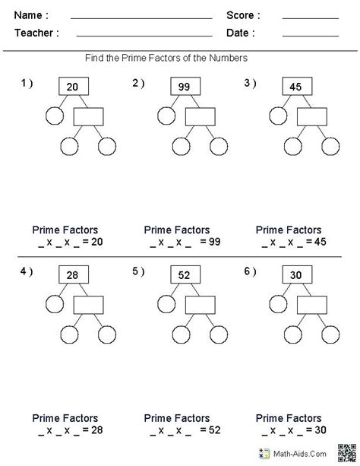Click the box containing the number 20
(72, 87)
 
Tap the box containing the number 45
(296, 87)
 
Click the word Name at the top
(31, 15)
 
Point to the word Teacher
(35, 33)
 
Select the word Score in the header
(243, 15)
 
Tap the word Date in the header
(240, 33)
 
